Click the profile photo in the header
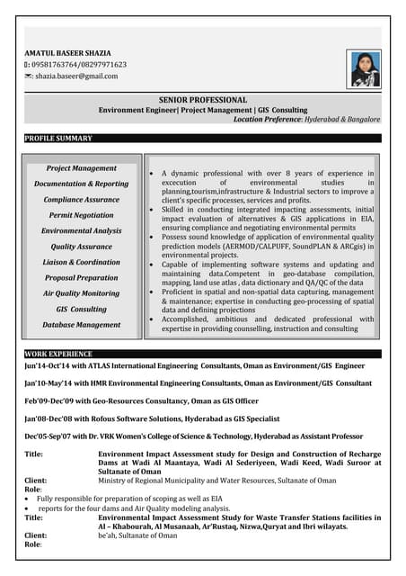[366, 69]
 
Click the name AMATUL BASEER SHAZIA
[69, 52]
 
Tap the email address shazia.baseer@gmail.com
[75, 77]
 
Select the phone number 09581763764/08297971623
[80, 65]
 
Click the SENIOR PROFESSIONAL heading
[203, 99]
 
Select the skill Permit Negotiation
[81, 215]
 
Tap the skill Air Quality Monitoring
[81, 293]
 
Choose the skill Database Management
[81, 324]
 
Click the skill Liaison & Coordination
[81, 262]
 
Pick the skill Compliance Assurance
[81, 199]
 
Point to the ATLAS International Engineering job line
[194, 367]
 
